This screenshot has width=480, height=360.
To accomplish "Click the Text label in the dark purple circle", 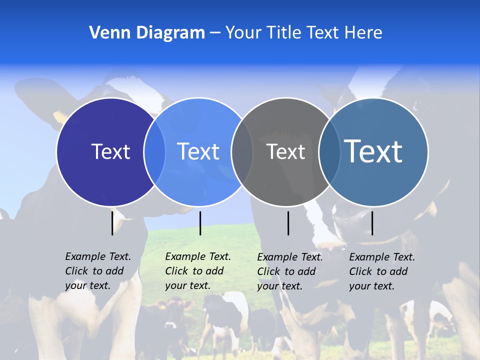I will [x=110, y=151].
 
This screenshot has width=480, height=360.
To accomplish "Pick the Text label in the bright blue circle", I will [x=198, y=151].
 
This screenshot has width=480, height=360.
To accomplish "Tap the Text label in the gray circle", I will [x=285, y=151].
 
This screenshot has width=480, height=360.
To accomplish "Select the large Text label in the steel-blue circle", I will [x=373, y=151].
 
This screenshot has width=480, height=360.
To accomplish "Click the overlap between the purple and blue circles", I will [x=154, y=152].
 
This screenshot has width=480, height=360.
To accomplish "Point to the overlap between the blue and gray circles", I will [x=242, y=152].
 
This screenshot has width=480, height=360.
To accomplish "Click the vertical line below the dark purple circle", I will [x=112, y=223].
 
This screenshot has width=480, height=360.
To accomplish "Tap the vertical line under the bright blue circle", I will [x=200, y=223].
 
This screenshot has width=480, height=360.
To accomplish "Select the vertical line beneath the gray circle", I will [x=288, y=223].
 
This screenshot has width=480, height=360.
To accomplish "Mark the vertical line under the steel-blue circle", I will [x=372, y=223].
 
